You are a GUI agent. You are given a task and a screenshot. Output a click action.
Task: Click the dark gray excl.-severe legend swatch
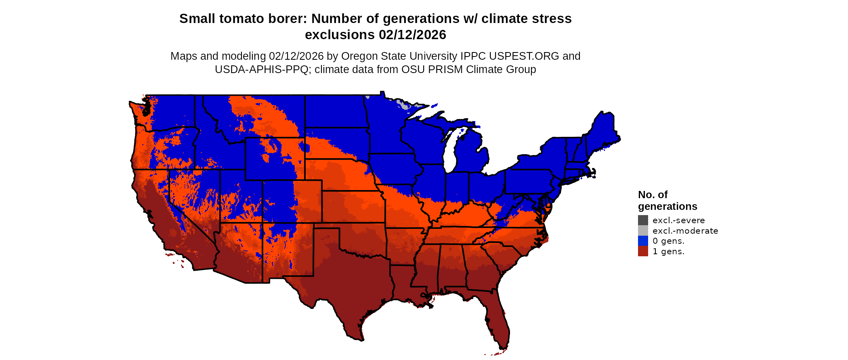[643, 220]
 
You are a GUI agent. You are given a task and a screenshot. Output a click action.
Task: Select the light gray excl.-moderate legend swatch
[643, 230]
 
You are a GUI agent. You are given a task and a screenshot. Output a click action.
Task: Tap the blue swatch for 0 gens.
[643, 241]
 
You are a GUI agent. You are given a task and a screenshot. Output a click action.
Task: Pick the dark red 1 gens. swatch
[643, 251]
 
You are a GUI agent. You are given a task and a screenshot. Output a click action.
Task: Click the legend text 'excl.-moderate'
[685, 231]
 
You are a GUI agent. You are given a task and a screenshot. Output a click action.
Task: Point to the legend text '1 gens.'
[668, 251]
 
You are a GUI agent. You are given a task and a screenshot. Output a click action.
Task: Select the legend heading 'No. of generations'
[667, 201]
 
